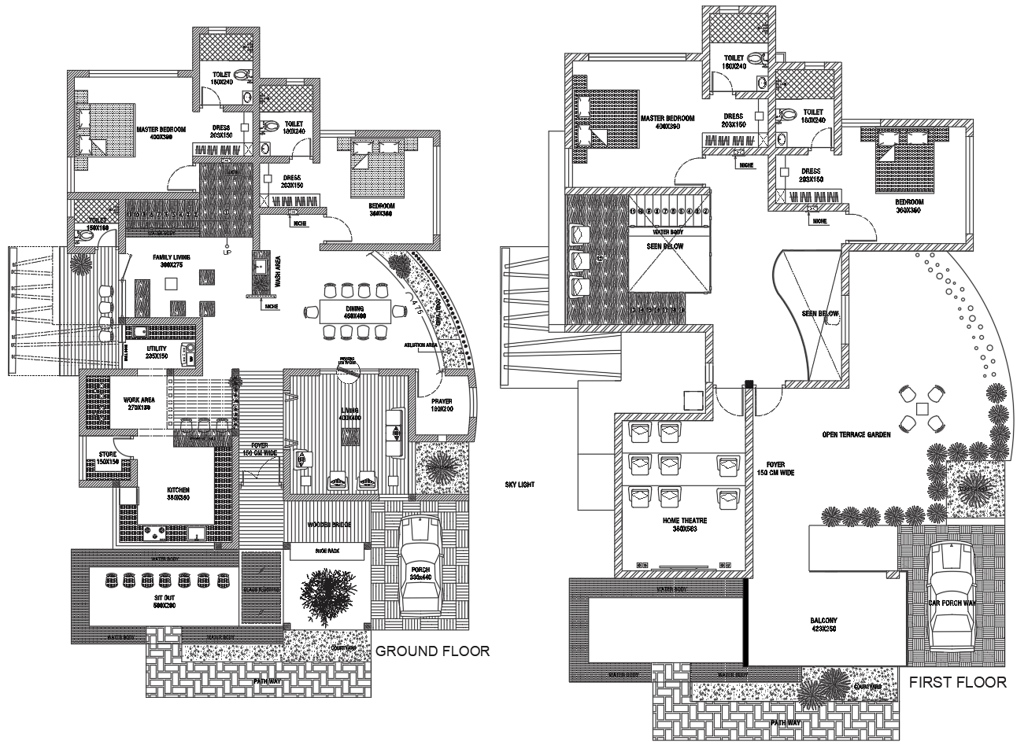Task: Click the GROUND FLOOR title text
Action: pyautogui.click(x=432, y=651)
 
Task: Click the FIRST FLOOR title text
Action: pyautogui.click(x=957, y=682)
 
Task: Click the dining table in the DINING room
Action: pyautogui.click(x=355, y=312)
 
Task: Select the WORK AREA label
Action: pyautogui.click(x=139, y=400)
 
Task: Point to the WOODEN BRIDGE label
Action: pyautogui.click(x=329, y=525)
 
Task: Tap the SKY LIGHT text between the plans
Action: pyautogui.click(x=520, y=485)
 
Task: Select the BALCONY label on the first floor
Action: pyautogui.click(x=823, y=621)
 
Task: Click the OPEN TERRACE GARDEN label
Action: pyautogui.click(x=856, y=433)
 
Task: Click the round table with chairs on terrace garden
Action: pyautogui.click(x=920, y=408)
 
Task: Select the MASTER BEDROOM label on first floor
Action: pyautogui.click(x=667, y=118)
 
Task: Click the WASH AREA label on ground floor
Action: pyautogui.click(x=276, y=272)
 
